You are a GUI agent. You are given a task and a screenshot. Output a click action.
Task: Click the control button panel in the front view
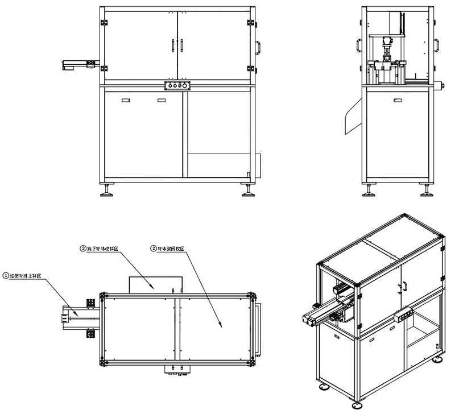click(x=177, y=85)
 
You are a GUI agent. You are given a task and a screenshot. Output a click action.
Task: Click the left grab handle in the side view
click(x=359, y=45)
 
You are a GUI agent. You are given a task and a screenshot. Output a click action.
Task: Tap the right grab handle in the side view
click(x=438, y=45)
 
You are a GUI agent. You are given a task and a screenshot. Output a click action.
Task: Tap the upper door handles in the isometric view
click(x=403, y=284)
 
